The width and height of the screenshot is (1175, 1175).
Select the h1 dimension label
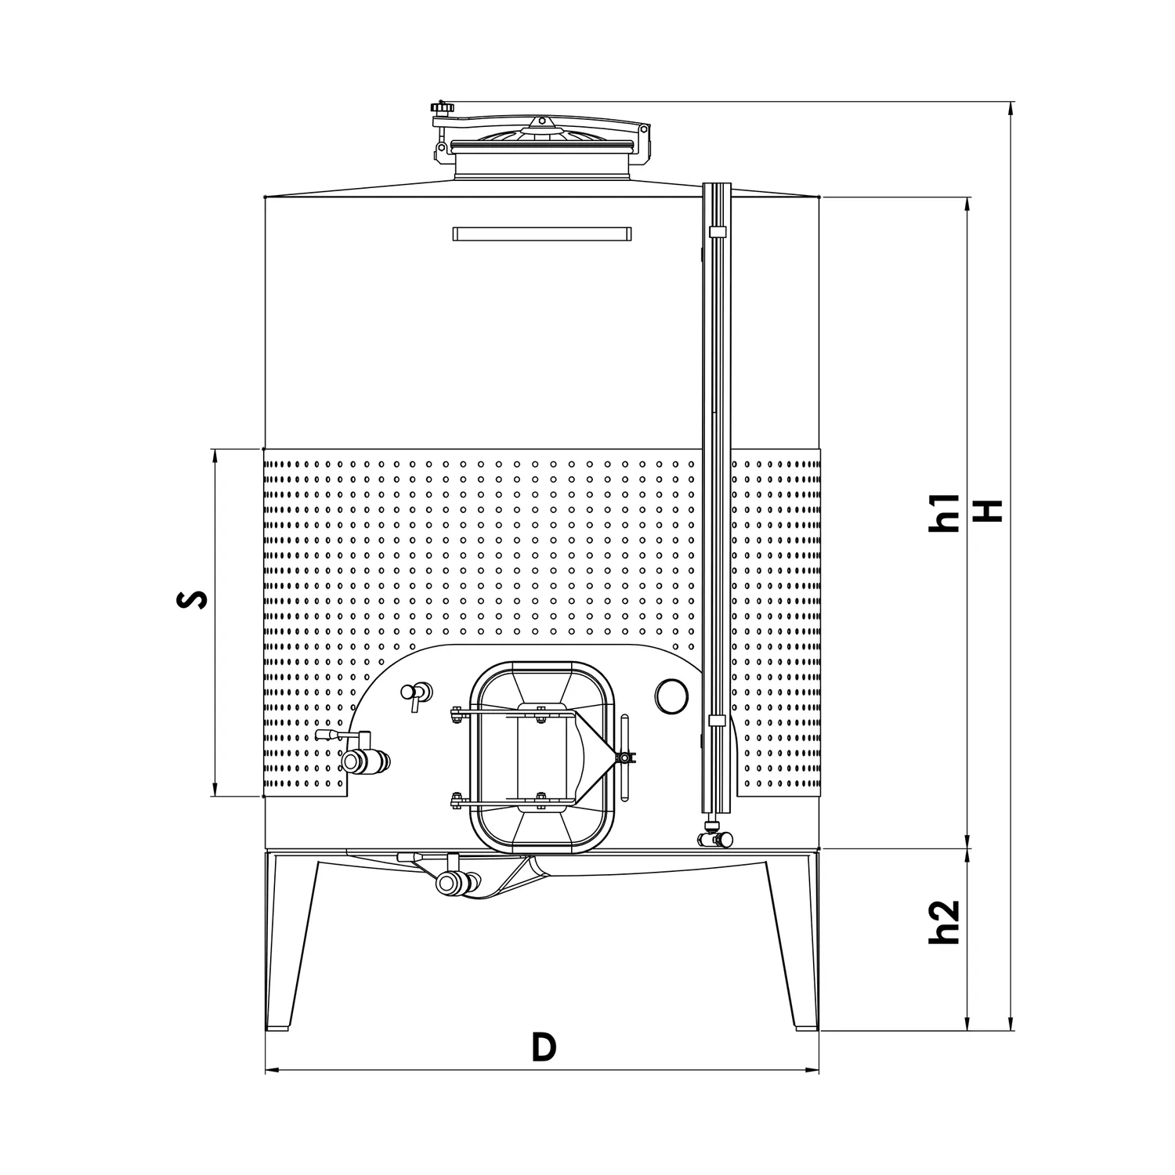[944, 513]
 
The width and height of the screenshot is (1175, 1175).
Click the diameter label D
[544, 1047]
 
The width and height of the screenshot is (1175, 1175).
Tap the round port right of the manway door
[672, 695]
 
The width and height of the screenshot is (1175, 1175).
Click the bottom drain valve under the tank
[454, 883]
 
